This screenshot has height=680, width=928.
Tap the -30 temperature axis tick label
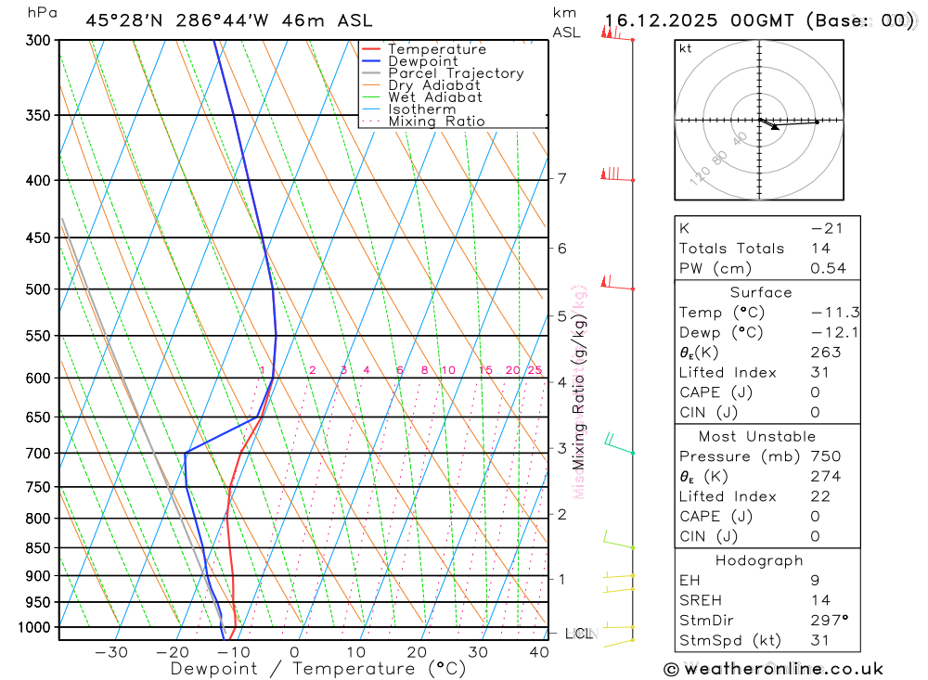point(111,652)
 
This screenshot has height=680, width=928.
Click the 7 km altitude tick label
point(562,179)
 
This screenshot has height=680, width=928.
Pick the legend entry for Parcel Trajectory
point(456,73)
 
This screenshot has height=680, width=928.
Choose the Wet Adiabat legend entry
point(435,97)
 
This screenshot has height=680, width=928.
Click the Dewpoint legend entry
point(423,61)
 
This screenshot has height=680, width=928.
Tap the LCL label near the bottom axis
point(578,634)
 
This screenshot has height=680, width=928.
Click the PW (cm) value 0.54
point(828,268)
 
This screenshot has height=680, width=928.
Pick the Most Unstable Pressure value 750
point(825,456)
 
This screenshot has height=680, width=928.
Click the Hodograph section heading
point(759,560)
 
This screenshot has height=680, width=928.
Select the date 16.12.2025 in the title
point(661,20)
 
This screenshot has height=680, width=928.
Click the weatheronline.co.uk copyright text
point(773,668)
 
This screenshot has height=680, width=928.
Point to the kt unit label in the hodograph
point(686,48)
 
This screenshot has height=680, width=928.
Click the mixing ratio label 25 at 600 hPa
point(535,370)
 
